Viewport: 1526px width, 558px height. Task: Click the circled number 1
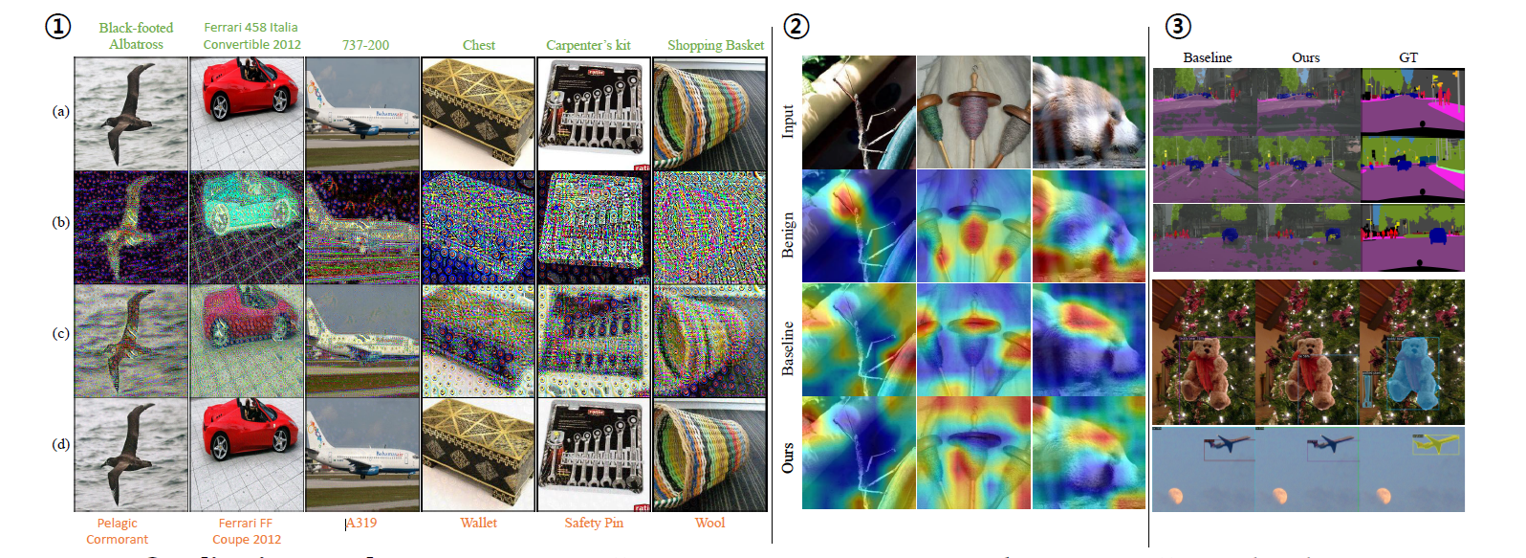tap(58, 26)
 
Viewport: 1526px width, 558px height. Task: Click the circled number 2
tap(796, 26)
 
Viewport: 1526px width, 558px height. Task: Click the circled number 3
tap(1178, 26)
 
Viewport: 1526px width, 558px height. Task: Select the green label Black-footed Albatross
tap(136, 35)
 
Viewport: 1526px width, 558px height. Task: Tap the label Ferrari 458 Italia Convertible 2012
tap(251, 35)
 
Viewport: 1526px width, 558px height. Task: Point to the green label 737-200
tap(365, 44)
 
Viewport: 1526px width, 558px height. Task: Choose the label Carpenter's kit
tap(588, 45)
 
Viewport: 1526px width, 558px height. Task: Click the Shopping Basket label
tap(715, 45)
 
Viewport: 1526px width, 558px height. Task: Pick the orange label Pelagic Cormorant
tap(117, 531)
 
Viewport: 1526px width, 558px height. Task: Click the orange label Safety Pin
tap(593, 523)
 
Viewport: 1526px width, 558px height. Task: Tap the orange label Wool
tap(709, 523)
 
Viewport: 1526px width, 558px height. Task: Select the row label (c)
tap(61, 333)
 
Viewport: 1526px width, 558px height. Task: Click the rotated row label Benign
tap(788, 234)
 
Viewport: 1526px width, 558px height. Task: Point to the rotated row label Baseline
tap(788, 347)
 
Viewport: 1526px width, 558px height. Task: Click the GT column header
tap(1407, 57)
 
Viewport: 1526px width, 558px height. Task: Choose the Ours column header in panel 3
tap(1305, 57)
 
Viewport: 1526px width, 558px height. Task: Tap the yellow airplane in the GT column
tap(1434, 443)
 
